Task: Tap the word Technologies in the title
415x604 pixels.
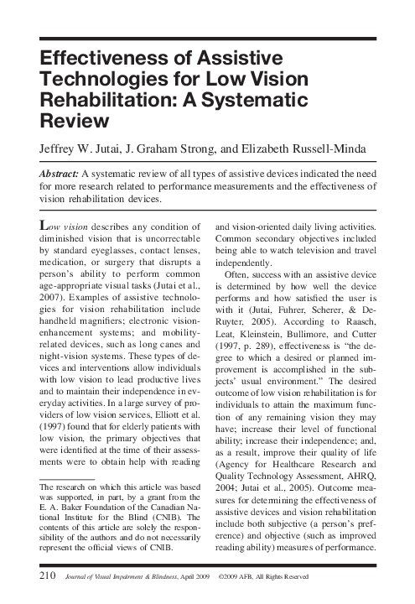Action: pos(95,79)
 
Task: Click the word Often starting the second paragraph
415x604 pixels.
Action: pos(236,297)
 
